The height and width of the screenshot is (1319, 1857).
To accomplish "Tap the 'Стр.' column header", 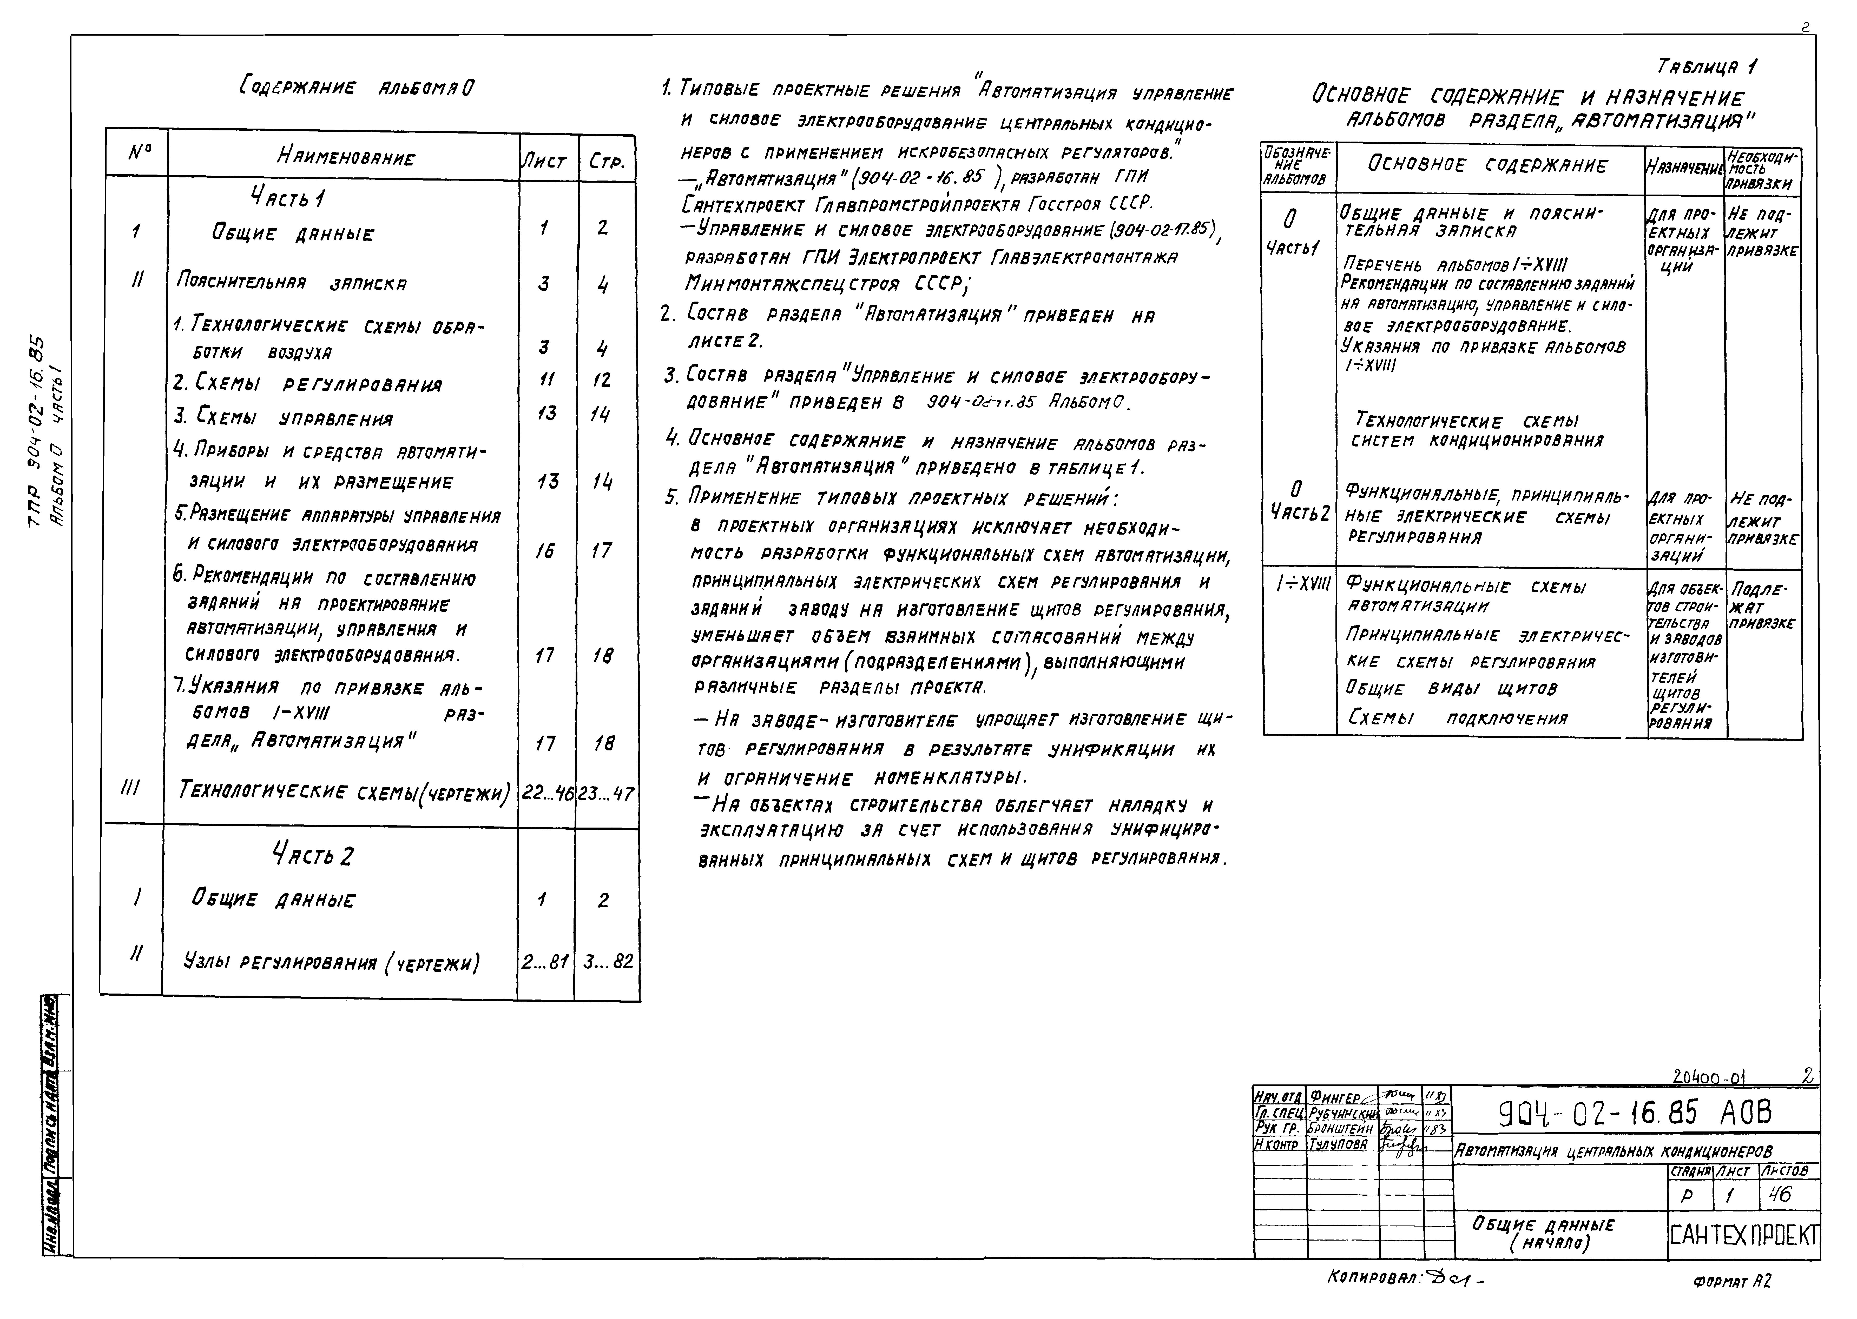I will point(605,162).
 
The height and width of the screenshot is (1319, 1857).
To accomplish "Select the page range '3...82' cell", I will point(608,962).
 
